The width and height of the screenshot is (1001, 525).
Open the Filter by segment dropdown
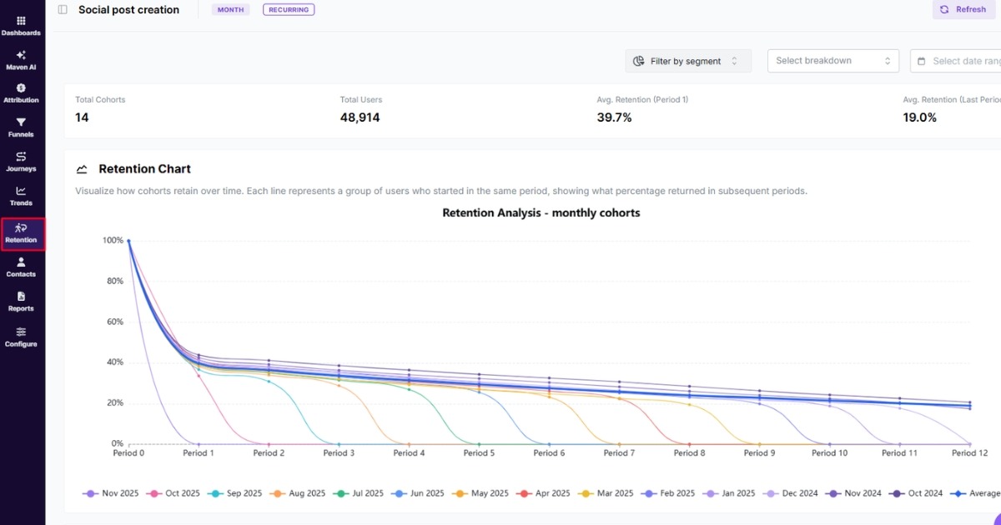[687, 61]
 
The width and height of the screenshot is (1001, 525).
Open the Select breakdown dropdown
[832, 61]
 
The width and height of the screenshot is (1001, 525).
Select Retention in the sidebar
[22, 233]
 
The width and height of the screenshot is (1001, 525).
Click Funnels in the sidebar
[21, 127]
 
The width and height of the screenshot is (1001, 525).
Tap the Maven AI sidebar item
[21, 60]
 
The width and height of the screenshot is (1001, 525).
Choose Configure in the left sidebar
[21, 337]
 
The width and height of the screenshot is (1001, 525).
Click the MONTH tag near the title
[230, 10]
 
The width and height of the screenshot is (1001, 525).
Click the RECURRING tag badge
[289, 10]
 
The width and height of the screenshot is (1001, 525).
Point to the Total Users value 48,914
[360, 117]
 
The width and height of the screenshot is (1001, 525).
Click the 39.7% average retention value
[614, 117]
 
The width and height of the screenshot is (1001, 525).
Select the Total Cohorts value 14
[82, 117]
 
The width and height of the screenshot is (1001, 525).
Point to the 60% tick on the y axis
[113, 322]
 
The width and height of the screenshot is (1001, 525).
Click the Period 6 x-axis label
[549, 453]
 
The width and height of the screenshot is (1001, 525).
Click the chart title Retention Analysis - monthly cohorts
[541, 212]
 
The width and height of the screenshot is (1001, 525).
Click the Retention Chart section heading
[144, 169]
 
